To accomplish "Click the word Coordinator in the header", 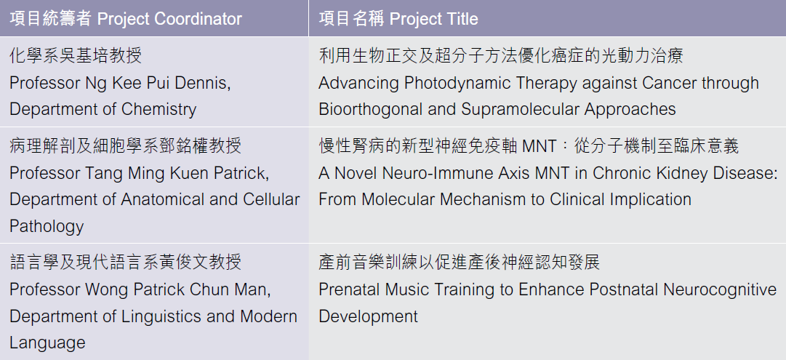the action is tap(198, 19).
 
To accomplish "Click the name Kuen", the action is tap(190, 173).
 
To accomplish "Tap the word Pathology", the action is tap(47, 226).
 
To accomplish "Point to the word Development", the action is tap(369, 316).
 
